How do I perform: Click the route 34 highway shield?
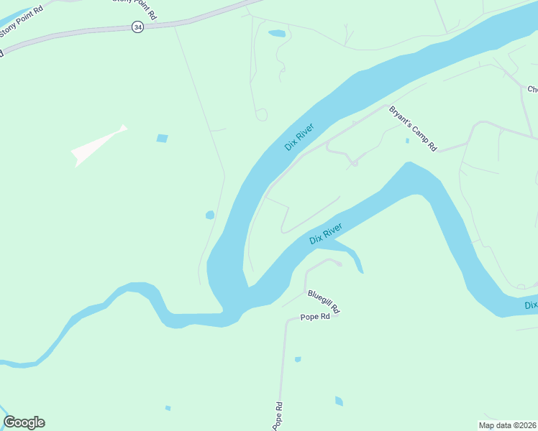pos(137,27)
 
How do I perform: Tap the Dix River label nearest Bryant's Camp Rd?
pos(299,137)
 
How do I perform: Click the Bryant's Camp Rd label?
pos(413,129)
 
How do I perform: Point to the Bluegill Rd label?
pos(323,301)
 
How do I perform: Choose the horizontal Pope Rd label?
pos(315,317)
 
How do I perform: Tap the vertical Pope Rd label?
pos(278,416)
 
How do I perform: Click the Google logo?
pos(24,422)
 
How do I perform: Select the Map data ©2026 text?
pos(508,425)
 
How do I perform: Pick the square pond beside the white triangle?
pos(163,138)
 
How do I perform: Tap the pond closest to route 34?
pos(276,33)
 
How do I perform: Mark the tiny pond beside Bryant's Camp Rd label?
pos(407,141)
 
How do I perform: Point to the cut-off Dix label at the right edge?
pos(531,305)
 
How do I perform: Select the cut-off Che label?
pos(532,89)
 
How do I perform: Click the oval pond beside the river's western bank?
pos(210,215)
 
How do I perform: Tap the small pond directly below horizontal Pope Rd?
pos(297,359)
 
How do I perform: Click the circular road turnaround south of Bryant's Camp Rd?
pos(354,164)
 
